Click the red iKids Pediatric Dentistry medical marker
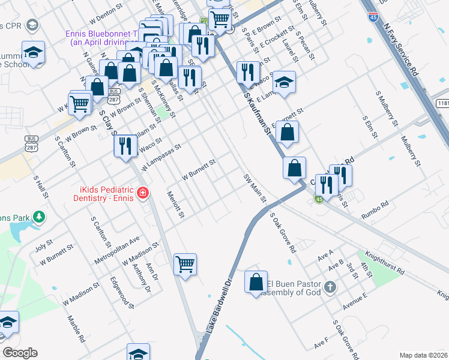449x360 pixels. click(142, 193)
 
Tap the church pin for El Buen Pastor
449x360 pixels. click(330, 287)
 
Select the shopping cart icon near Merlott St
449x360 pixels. click(185, 264)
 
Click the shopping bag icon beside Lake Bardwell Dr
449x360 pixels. click(256, 282)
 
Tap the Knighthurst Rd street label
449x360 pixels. click(384, 263)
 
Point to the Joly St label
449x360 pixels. click(44, 246)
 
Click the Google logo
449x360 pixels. click(20, 353)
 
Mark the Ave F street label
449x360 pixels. click(321, 344)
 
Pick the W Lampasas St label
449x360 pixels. click(160, 156)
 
